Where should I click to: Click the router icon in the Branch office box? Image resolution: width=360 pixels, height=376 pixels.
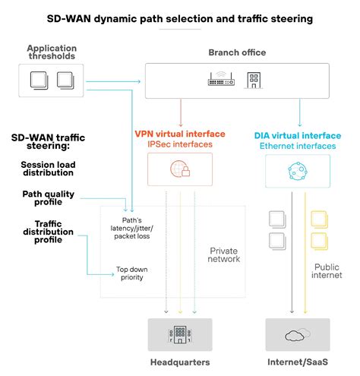coord(221,79)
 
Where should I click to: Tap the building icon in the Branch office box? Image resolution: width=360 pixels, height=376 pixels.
coord(254,81)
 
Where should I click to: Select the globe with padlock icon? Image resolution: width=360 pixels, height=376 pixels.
coord(180,169)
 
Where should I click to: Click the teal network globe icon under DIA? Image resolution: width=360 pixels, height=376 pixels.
coord(298,171)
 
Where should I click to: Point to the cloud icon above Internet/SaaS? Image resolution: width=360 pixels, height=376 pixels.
coord(298,335)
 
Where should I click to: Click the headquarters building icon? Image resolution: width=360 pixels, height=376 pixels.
coord(180,334)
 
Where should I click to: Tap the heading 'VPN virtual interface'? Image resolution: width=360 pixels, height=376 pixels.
coord(180,134)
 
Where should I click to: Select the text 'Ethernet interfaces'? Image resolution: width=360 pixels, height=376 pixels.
coord(298,146)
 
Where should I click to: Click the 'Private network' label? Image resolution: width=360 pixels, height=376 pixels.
coord(224,254)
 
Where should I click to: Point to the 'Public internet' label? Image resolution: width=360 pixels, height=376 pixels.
coord(327,271)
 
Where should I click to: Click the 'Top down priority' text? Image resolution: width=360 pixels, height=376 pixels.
coord(132,273)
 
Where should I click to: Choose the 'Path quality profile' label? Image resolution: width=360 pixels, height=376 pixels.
coord(49,198)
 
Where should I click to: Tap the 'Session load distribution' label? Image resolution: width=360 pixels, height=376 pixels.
coord(48,169)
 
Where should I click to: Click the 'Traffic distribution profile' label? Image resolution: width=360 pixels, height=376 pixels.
coord(48,232)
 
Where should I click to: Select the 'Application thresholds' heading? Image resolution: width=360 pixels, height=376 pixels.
coord(52,52)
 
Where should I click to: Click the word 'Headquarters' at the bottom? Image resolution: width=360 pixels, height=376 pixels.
coord(180,362)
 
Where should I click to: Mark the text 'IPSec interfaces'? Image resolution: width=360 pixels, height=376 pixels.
coord(180,144)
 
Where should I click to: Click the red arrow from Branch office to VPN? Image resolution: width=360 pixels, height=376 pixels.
coord(181,112)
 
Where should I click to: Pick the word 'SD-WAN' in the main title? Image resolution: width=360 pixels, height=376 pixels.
coord(69,19)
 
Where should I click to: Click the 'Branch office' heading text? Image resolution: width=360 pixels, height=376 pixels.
coord(237,52)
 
